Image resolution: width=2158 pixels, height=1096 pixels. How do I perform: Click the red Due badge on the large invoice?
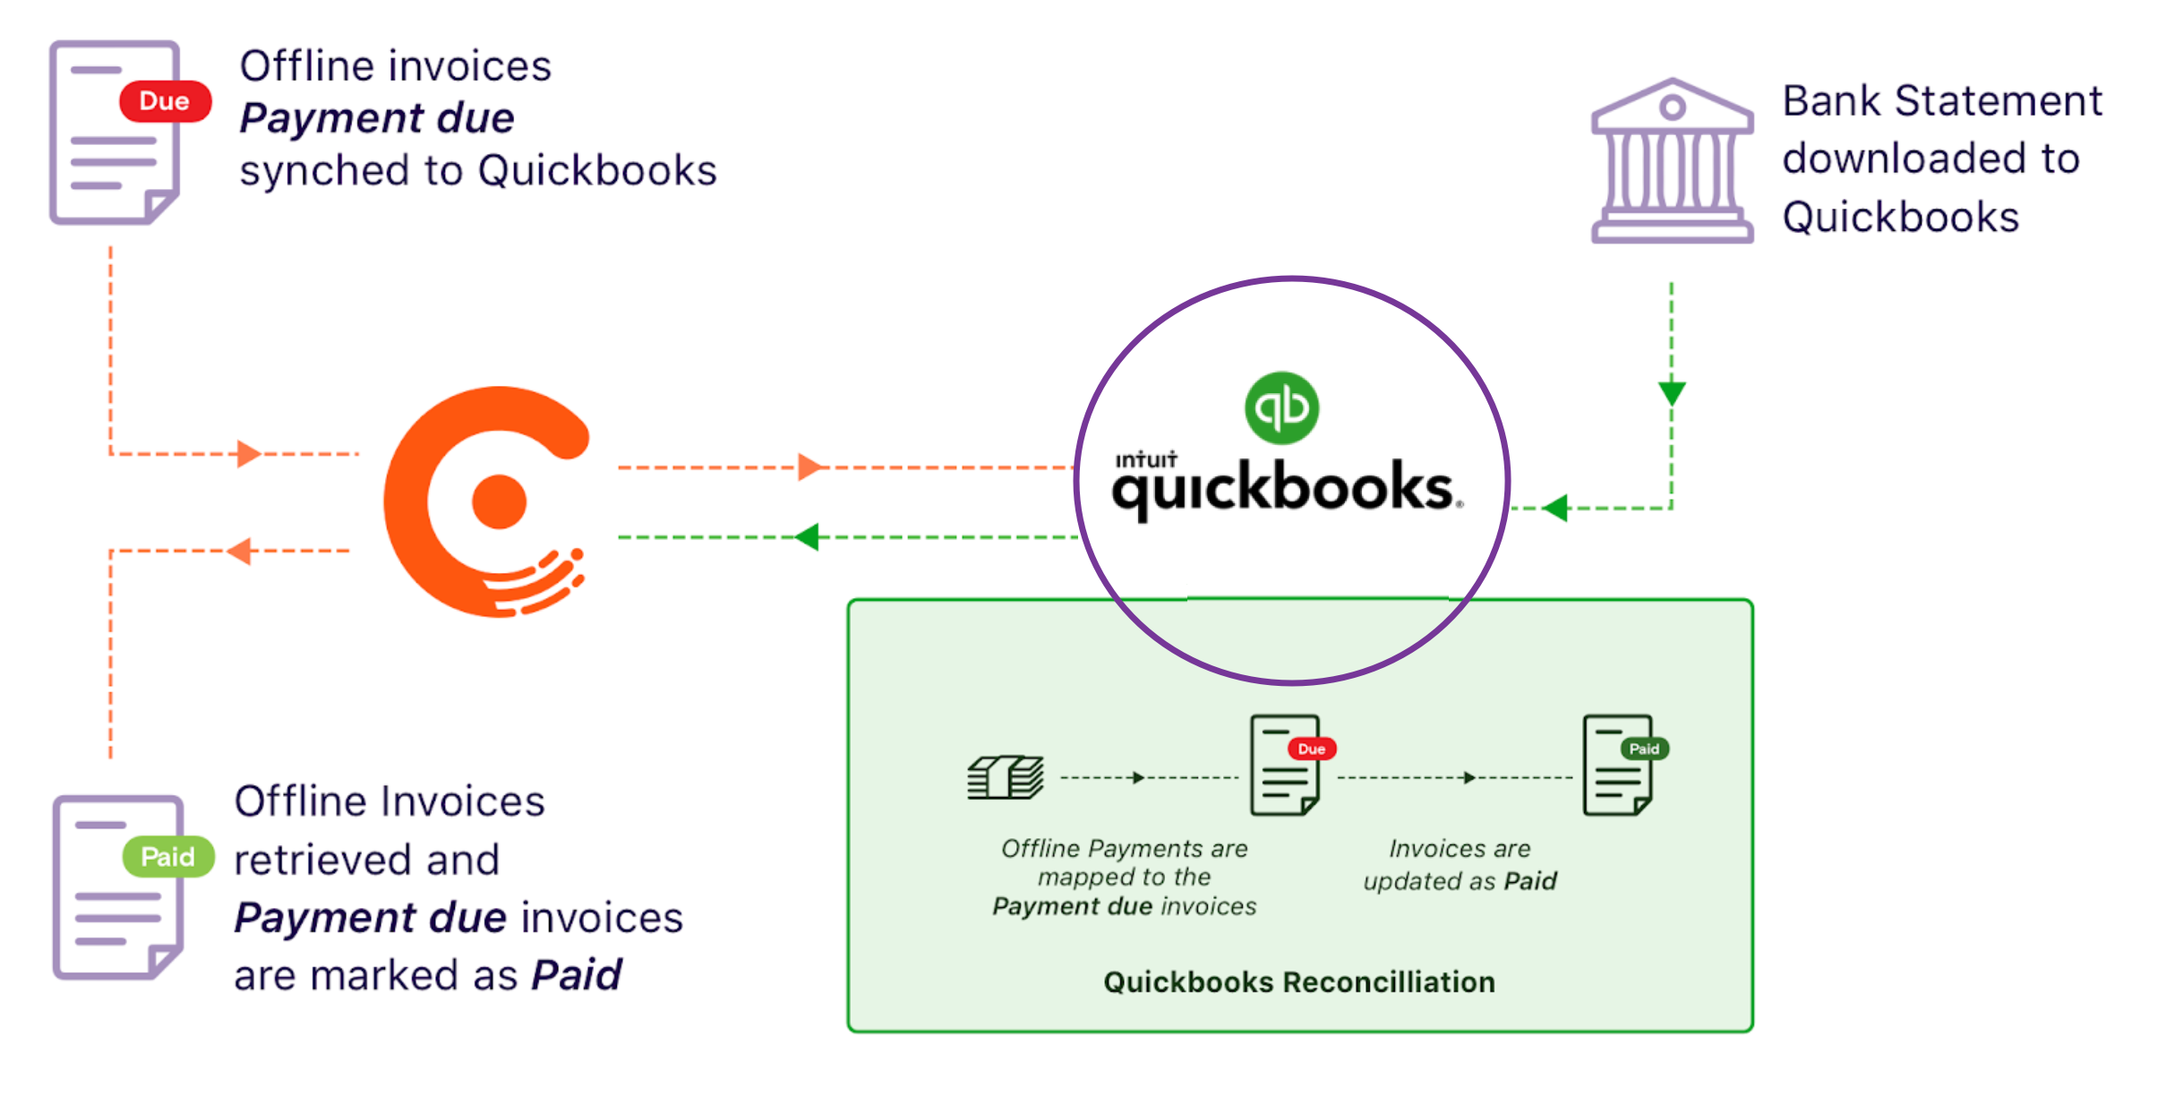point(165,101)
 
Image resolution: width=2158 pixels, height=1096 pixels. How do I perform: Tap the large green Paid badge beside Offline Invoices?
point(168,857)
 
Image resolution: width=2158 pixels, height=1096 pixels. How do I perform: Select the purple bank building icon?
point(1671,161)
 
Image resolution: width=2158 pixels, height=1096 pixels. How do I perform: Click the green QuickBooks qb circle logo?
point(1281,407)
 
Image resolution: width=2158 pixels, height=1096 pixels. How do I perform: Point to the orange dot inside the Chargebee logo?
point(499,501)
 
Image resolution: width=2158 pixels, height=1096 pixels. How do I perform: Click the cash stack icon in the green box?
point(1006,776)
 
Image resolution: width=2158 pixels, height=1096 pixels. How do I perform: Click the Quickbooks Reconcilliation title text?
point(1298,982)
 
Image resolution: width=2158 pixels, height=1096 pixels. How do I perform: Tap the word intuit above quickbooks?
point(1145,460)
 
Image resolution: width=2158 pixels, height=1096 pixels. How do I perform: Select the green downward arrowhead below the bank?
point(1671,392)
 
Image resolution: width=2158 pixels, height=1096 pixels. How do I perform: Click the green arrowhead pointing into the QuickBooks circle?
point(1556,508)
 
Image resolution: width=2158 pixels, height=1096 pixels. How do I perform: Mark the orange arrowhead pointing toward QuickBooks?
point(809,467)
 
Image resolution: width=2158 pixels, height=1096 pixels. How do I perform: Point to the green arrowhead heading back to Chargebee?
point(808,537)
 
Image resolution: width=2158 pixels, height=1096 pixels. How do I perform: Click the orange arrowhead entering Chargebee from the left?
point(248,454)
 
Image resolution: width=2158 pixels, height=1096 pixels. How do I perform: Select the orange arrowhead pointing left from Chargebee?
point(239,551)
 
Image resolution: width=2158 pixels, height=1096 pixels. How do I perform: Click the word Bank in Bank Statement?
point(1831,100)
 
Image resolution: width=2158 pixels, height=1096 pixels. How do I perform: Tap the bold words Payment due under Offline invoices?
point(377,118)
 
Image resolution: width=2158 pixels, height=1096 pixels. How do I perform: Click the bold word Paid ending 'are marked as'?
point(577,975)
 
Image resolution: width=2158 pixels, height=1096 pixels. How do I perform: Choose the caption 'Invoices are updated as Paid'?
point(1460,865)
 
